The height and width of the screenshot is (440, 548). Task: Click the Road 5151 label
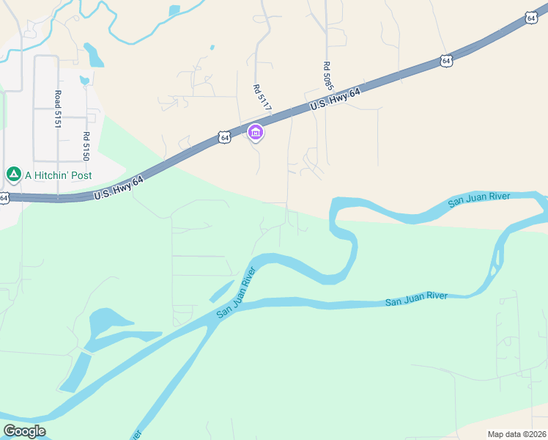[57, 109]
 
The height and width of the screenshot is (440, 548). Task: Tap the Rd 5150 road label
[86, 146]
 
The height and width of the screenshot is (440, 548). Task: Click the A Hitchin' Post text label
[59, 175]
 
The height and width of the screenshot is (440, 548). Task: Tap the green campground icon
[13, 175]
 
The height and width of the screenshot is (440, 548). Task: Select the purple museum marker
[256, 133]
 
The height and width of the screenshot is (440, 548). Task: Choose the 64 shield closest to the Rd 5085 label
[446, 61]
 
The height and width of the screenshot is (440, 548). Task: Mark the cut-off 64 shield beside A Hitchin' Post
[4, 198]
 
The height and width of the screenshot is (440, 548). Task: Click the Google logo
[24, 431]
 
